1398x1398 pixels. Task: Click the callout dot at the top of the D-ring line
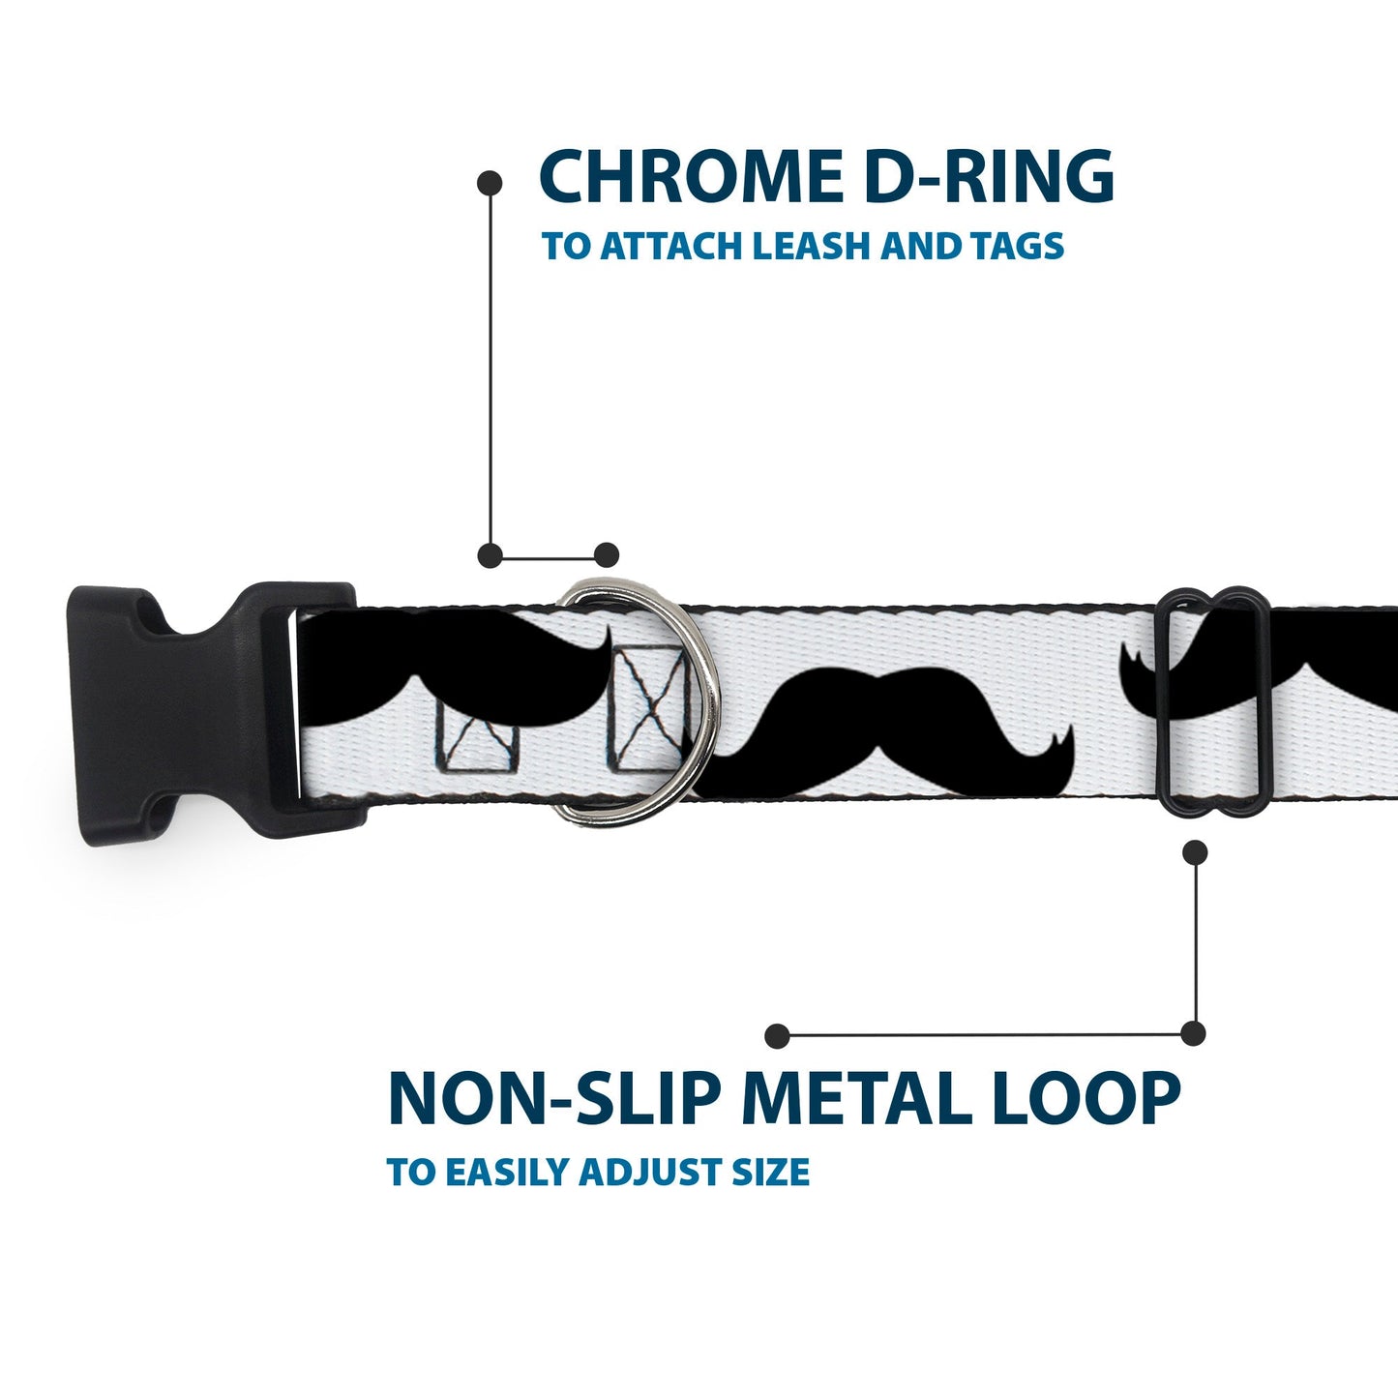click(x=491, y=182)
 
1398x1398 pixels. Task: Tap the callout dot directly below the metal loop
click(x=1196, y=851)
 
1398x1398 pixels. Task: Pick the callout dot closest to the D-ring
click(x=607, y=555)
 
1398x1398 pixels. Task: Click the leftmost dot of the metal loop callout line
click(x=776, y=1036)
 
